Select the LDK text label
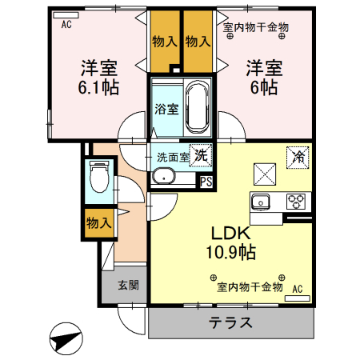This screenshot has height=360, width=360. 231,234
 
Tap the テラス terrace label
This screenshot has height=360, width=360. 231,323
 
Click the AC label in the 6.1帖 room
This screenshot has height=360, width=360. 66,24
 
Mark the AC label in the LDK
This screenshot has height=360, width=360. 298,289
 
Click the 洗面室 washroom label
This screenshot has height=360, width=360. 173,157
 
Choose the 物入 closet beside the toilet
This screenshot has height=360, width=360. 99,223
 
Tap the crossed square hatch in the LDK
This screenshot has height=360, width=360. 265,172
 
